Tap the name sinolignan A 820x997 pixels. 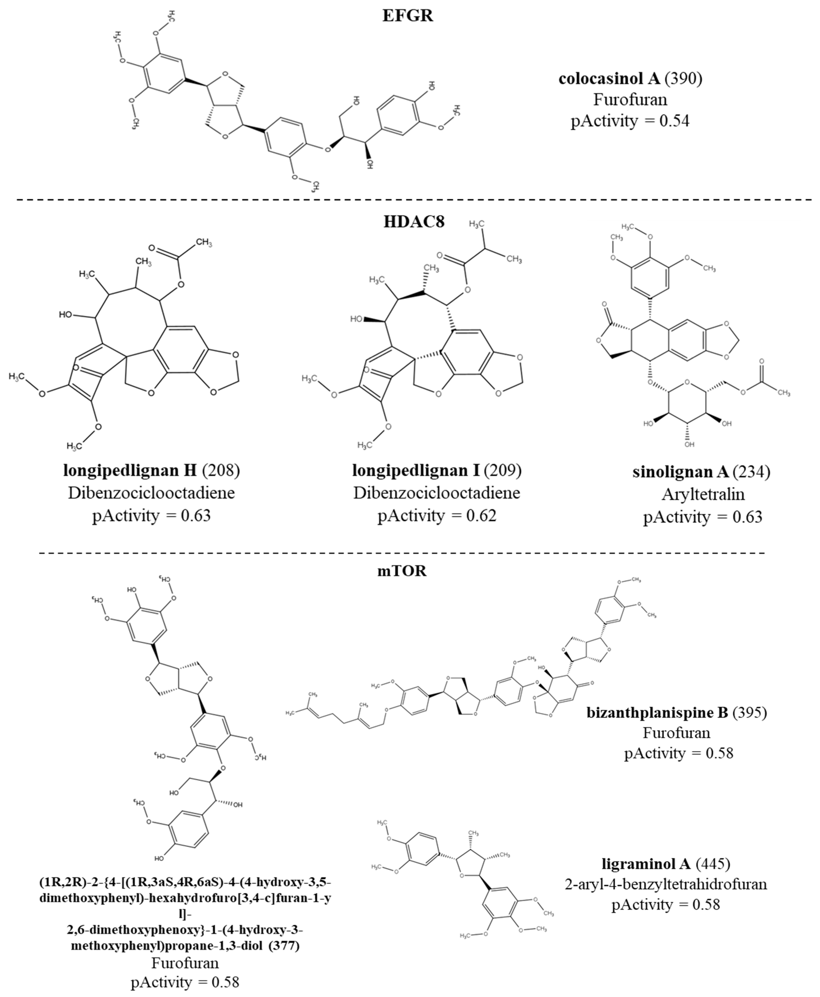tap(680, 472)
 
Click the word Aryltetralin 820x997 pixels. tap(703, 494)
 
